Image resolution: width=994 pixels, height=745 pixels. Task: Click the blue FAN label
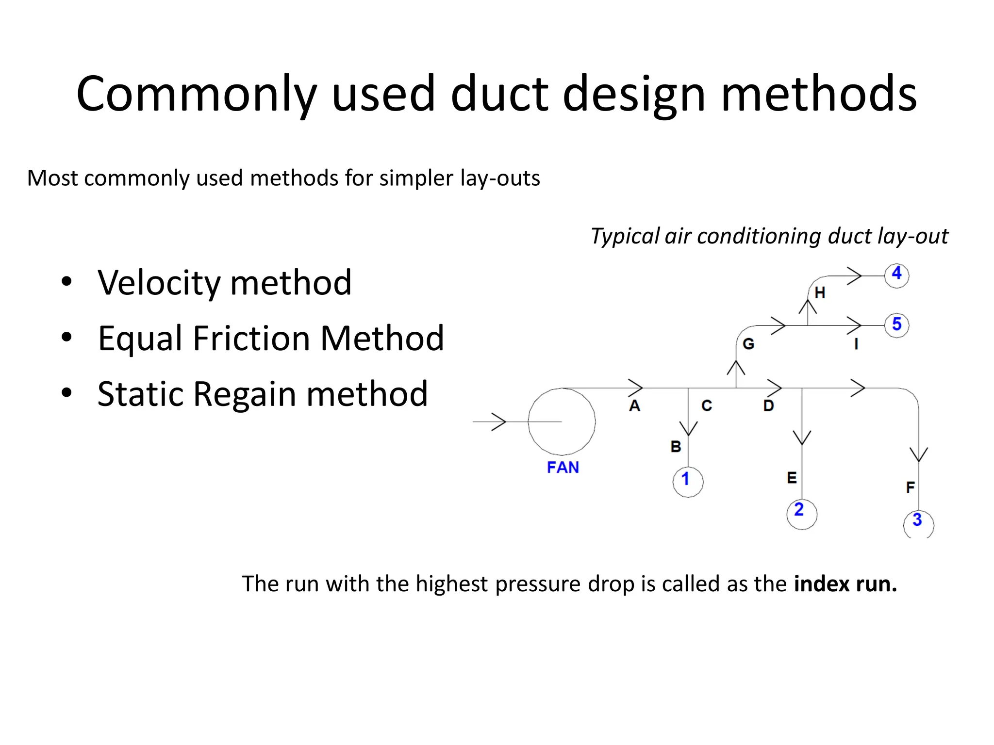(x=563, y=467)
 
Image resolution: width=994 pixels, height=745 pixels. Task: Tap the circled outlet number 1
(x=687, y=482)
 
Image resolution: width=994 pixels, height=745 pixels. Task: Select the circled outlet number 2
(x=801, y=513)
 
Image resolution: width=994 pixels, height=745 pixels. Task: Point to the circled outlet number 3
(x=918, y=523)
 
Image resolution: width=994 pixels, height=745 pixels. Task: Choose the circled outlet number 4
(x=896, y=275)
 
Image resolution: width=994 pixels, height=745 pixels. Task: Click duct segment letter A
(x=634, y=405)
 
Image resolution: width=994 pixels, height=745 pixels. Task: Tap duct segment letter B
(x=676, y=446)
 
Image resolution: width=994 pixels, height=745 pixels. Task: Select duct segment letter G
(x=748, y=344)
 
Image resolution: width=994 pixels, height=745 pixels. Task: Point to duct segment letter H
(x=820, y=293)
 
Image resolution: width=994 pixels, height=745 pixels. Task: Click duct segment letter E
(x=792, y=478)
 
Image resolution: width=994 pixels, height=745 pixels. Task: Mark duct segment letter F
(x=910, y=487)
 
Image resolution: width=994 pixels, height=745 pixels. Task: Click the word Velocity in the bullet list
(x=159, y=283)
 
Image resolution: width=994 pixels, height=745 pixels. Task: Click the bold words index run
(x=845, y=583)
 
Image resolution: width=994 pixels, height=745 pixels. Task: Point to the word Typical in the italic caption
(x=625, y=237)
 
